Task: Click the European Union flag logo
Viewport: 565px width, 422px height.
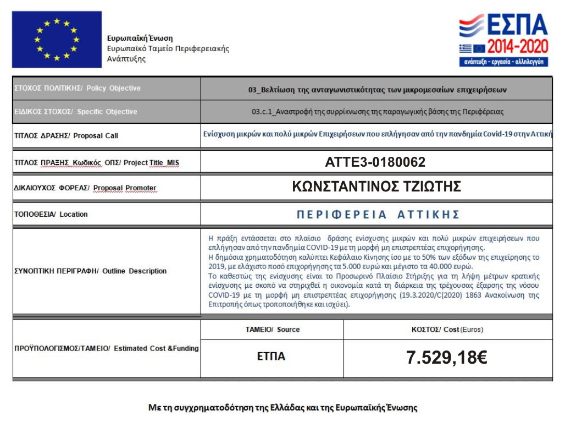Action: [x=57, y=39]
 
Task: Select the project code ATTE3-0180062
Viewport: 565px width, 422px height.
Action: [x=375, y=162]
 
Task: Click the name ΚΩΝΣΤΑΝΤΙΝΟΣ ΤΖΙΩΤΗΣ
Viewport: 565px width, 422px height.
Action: [x=376, y=187]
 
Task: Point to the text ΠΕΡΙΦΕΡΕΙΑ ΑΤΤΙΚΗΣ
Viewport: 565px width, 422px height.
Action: [x=378, y=215]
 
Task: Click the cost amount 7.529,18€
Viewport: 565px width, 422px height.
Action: [x=447, y=358]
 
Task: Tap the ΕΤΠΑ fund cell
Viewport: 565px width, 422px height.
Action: [x=272, y=357]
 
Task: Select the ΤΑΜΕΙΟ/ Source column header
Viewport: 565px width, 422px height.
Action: [x=272, y=330]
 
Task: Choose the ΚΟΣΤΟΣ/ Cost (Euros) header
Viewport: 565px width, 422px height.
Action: [x=447, y=330]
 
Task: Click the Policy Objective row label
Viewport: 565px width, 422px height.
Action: [x=77, y=88]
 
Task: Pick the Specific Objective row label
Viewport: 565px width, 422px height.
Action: [x=75, y=112]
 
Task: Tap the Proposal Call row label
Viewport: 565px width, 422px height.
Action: [x=66, y=135]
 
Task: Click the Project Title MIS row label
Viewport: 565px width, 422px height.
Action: [x=97, y=162]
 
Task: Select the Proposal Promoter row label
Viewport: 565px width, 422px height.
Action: [x=85, y=188]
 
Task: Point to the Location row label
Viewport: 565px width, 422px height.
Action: [x=51, y=214]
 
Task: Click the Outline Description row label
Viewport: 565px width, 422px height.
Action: [x=90, y=271]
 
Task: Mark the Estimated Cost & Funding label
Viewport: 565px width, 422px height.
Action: [x=106, y=348]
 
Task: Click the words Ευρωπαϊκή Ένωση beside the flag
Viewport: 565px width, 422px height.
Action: [x=140, y=39]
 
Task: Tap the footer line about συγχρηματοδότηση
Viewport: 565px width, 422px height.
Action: [x=283, y=408]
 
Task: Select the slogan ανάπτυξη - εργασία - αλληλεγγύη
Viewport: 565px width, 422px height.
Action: [x=503, y=62]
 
